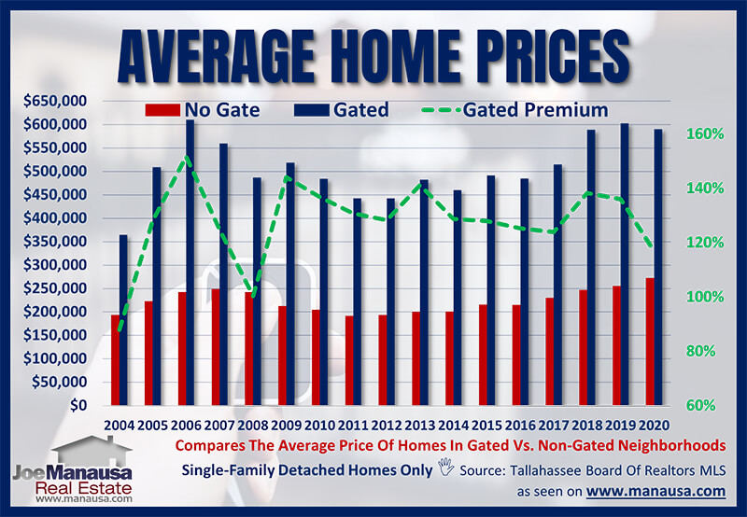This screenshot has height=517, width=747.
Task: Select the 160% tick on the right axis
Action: pyautogui.click(x=705, y=133)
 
